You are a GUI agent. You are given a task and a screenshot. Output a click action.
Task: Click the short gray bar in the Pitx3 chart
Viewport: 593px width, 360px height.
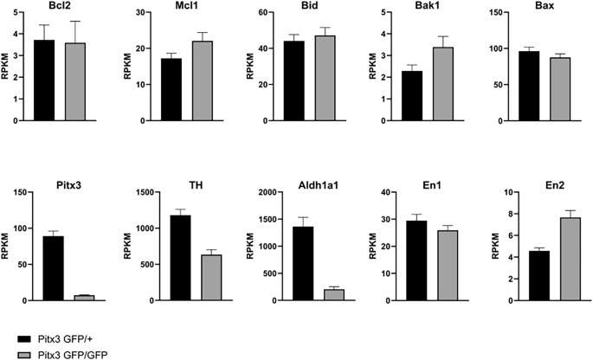(x=84, y=298)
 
